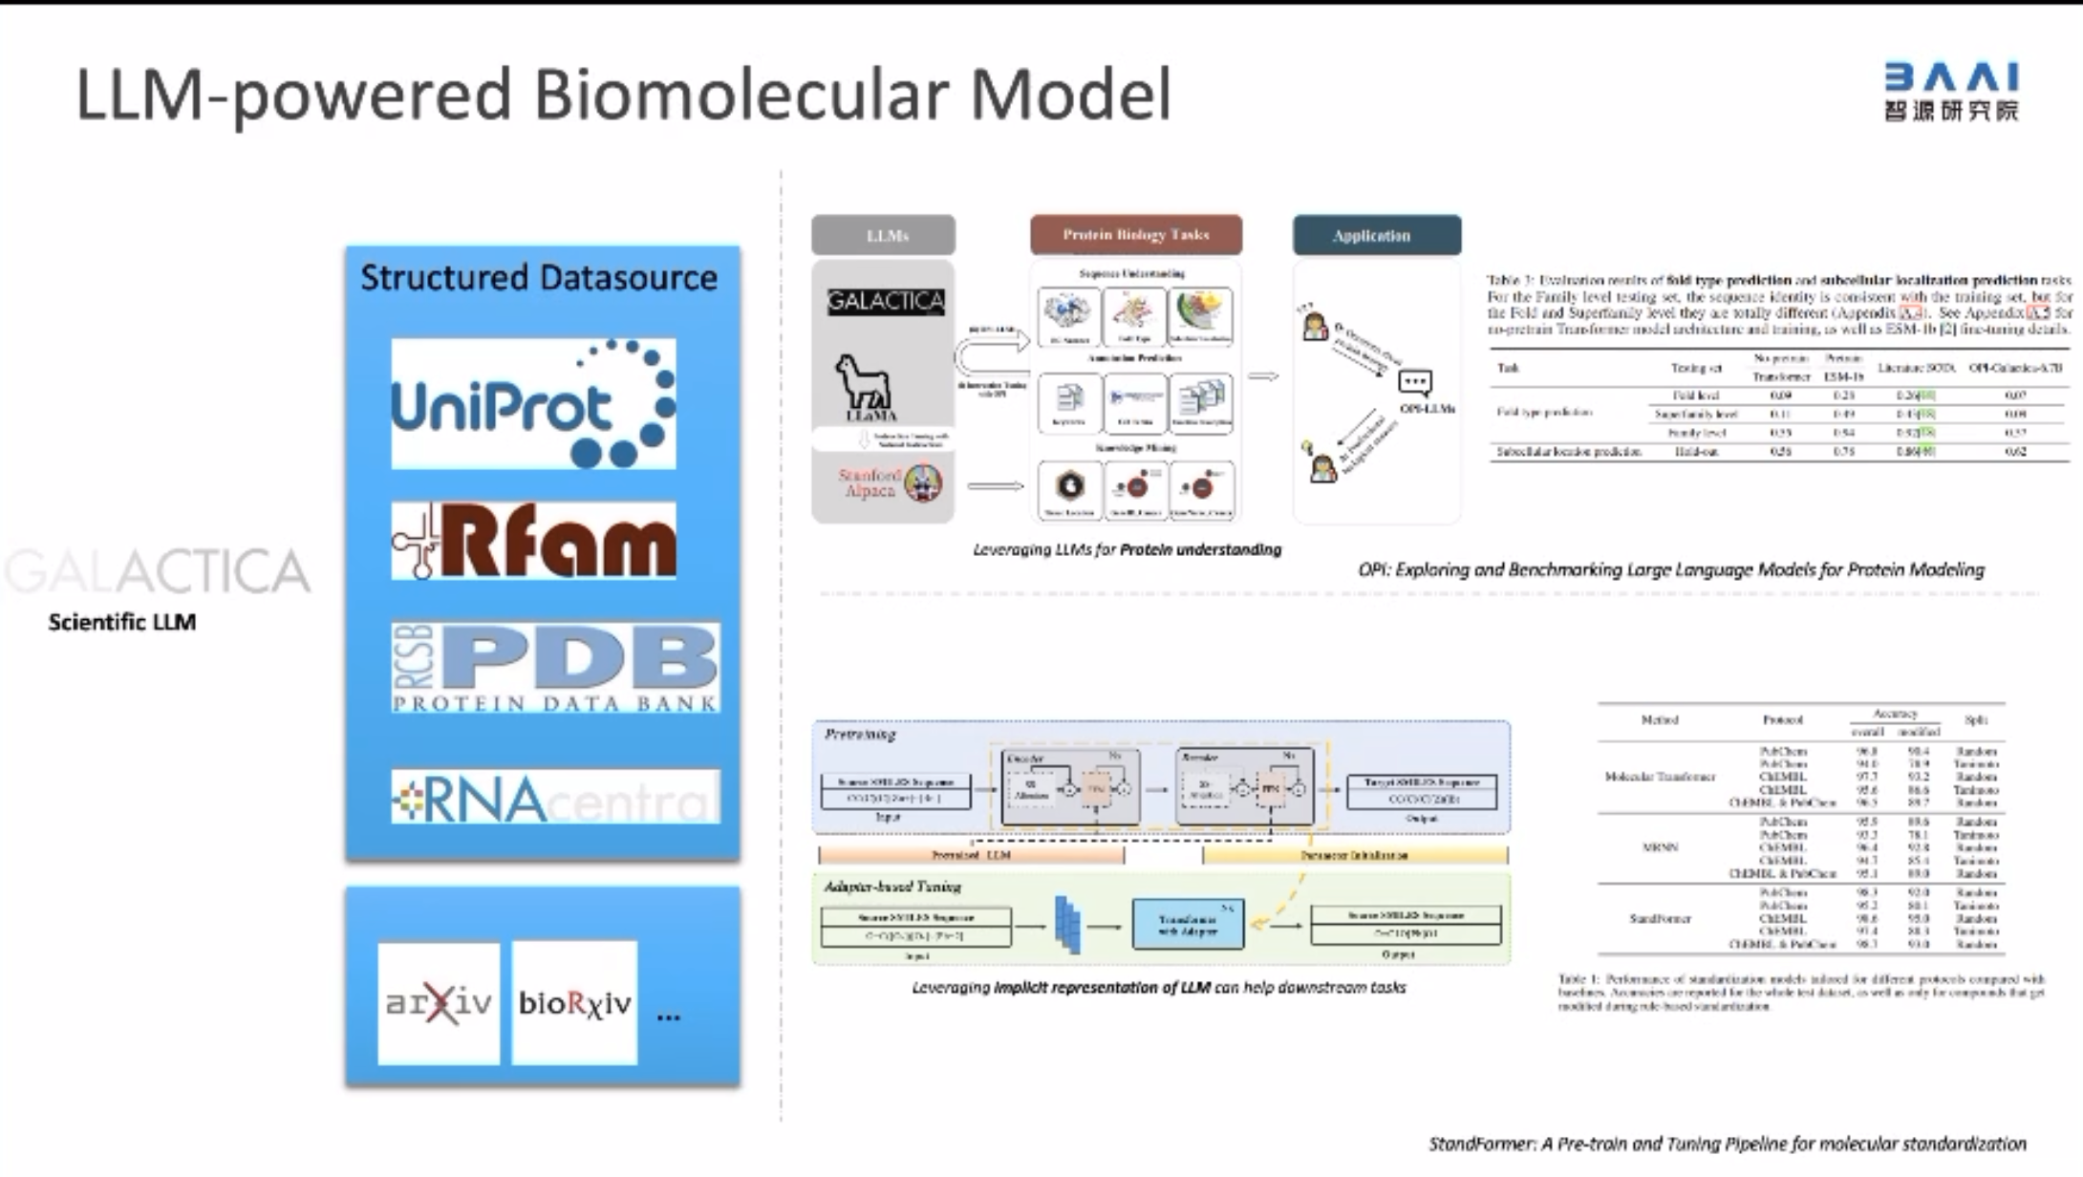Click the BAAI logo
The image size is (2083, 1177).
tap(1950, 92)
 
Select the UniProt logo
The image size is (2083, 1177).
tap(533, 404)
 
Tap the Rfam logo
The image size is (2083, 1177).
tap(533, 542)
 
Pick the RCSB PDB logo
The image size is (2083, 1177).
tap(555, 668)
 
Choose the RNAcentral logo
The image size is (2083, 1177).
tap(555, 798)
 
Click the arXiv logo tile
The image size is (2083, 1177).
tap(439, 1003)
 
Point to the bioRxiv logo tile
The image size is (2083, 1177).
tap(574, 1003)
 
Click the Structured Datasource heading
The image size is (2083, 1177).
tap(539, 278)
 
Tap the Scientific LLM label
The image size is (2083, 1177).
tap(122, 623)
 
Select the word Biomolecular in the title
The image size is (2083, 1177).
tap(742, 96)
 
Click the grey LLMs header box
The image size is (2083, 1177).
tap(884, 235)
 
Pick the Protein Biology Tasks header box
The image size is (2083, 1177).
tap(1136, 235)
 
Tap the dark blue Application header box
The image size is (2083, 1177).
tap(1376, 236)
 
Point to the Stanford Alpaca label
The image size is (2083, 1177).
tap(870, 482)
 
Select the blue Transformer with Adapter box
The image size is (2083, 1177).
tap(1188, 924)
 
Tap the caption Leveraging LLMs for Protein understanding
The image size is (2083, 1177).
tap(1127, 550)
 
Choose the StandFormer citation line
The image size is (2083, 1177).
tap(1727, 1144)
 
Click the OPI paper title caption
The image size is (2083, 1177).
tap(1670, 570)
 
